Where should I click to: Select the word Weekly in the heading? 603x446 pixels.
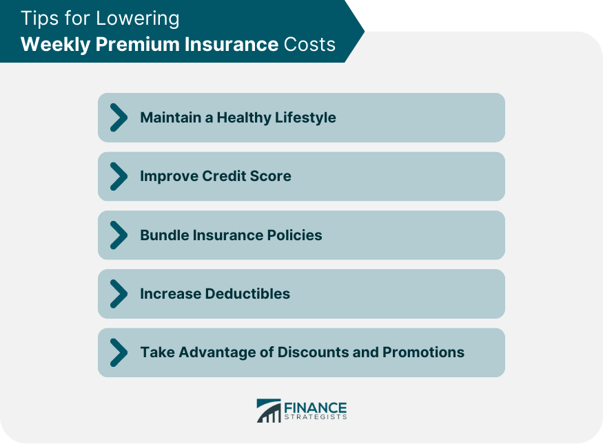[56, 45]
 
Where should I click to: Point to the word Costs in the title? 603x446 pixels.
[309, 44]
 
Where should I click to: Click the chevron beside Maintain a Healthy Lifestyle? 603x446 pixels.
[119, 117]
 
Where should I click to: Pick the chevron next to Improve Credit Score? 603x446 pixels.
[119, 176]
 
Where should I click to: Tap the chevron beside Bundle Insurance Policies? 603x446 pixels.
[119, 235]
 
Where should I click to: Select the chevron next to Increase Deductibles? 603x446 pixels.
[119, 294]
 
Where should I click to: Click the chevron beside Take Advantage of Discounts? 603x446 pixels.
[119, 352]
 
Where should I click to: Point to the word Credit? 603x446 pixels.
[224, 176]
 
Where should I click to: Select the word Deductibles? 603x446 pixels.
[247, 294]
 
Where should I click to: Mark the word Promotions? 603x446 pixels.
[423, 352]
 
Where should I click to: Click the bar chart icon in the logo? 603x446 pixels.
[269, 411]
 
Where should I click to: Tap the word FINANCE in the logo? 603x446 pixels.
[316, 407]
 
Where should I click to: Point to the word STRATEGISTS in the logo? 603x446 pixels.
[316, 417]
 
